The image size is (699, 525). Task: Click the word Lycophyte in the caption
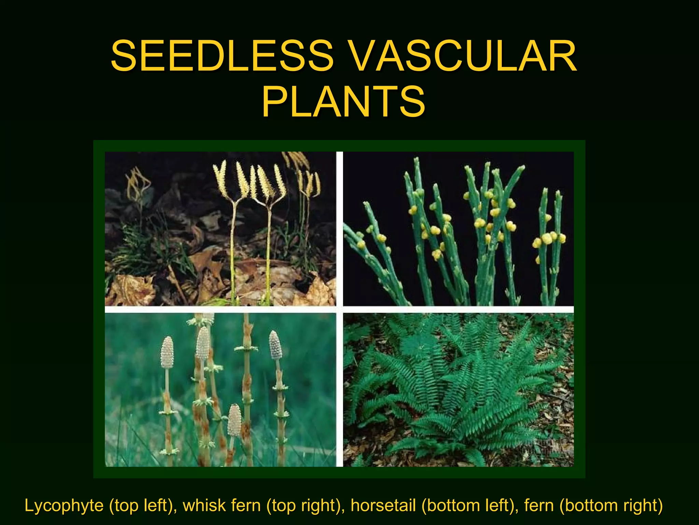click(x=64, y=506)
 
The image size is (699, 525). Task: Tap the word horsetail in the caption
click(x=383, y=506)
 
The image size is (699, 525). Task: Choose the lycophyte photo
click(x=220, y=228)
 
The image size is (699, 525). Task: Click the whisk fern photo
click(x=458, y=228)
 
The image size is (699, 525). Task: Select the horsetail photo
click(x=220, y=390)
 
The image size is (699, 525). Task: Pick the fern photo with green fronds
click(x=458, y=390)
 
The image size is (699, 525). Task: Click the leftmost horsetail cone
click(x=167, y=352)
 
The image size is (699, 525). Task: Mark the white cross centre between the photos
click(x=340, y=309)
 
